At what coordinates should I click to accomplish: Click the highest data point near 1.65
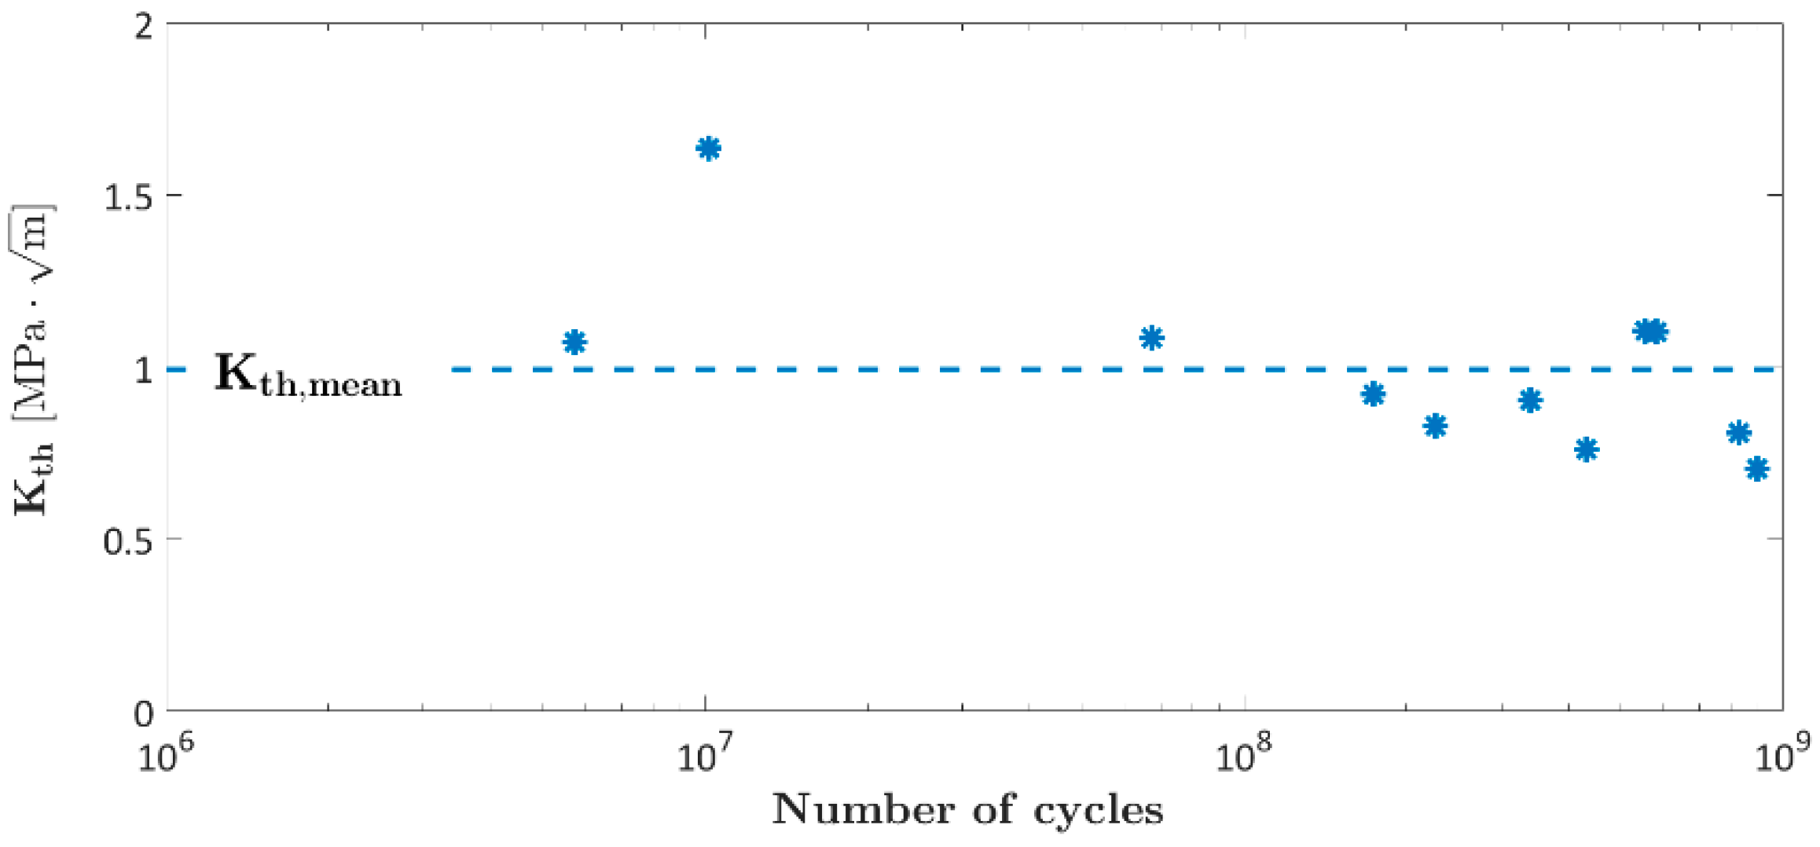point(708,148)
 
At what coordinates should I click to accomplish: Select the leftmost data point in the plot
point(574,342)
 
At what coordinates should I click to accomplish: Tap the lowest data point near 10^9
point(1757,469)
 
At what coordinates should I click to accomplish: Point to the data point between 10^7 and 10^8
point(1151,338)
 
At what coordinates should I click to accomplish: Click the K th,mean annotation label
point(308,375)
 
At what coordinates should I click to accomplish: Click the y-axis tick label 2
point(144,26)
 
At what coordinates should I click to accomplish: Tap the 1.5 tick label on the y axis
point(129,196)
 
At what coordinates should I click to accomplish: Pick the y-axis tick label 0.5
point(129,541)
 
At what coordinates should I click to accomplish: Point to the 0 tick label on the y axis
point(144,713)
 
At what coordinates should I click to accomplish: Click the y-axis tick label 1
point(144,369)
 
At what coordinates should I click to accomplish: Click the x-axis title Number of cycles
point(967,809)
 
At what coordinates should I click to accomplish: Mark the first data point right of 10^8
point(1373,394)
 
